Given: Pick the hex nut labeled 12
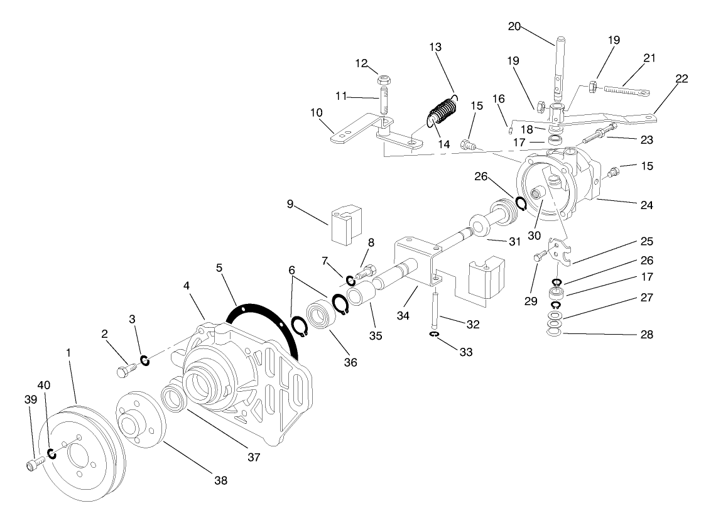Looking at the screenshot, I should pos(383,80).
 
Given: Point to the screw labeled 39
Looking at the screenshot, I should pos(34,465).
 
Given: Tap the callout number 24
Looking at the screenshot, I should pos(647,205).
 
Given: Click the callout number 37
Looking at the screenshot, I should pos(253,457).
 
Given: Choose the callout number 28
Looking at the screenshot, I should pos(647,335).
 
